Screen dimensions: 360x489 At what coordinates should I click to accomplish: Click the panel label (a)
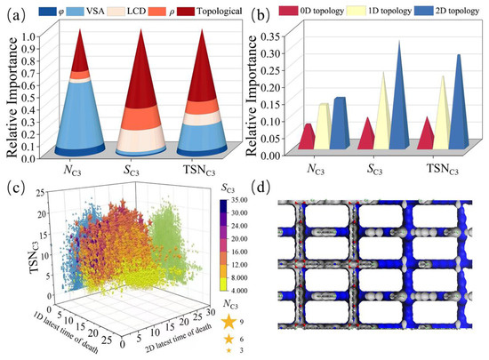pos(12,12)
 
